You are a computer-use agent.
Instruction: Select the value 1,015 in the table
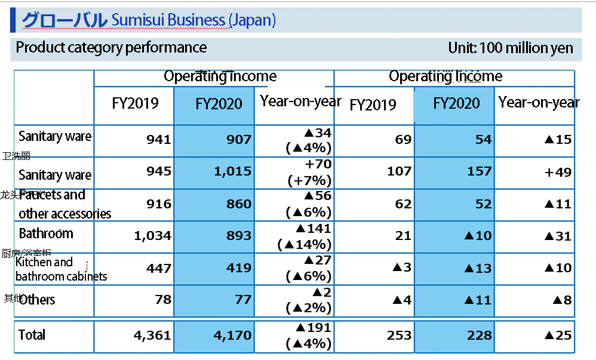232,172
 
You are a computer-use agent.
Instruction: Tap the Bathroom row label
46,233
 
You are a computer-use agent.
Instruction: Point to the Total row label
32,335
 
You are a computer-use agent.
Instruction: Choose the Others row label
37,300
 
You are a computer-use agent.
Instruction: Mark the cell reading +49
558,172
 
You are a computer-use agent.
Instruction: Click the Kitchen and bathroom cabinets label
61,269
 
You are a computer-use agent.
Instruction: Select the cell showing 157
478,172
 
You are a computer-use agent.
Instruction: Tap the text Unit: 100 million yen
511,48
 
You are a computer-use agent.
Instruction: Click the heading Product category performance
111,48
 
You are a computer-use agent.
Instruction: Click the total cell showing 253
399,336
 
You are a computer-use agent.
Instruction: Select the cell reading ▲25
558,336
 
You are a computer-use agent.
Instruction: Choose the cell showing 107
398,172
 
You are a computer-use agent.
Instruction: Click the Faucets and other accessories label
64,204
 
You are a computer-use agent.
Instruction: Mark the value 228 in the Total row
478,336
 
